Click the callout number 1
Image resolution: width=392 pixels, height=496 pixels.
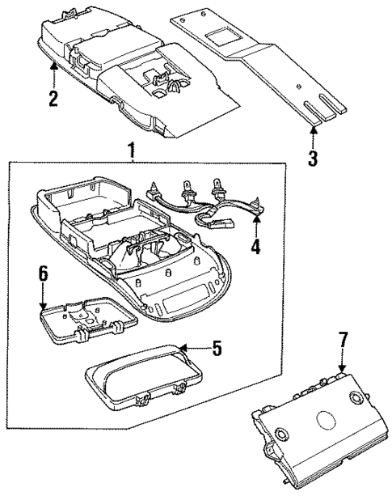[130, 150]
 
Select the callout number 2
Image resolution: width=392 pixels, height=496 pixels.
[53, 100]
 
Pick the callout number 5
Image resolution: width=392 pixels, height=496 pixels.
[216, 350]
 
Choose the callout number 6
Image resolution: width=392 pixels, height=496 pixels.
[44, 273]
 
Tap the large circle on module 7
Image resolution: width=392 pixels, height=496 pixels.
[326, 422]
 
